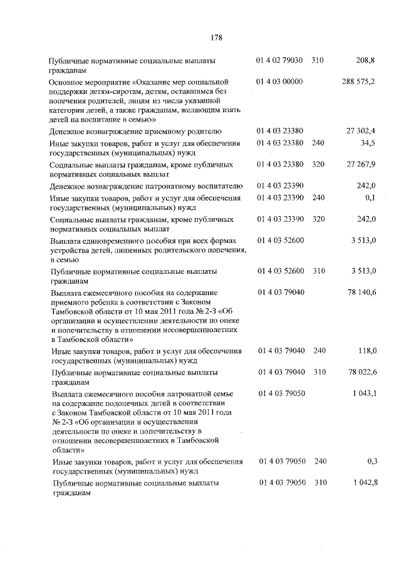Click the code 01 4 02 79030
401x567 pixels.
pyautogui.click(x=280, y=61)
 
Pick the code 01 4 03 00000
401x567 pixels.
pyautogui.click(x=279, y=82)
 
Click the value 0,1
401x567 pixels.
pyautogui.click(x=370, y=198)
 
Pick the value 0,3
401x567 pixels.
pyautogui.click(x=370, y=462)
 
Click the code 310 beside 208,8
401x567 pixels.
pyautogui.click(x=318, y=61)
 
